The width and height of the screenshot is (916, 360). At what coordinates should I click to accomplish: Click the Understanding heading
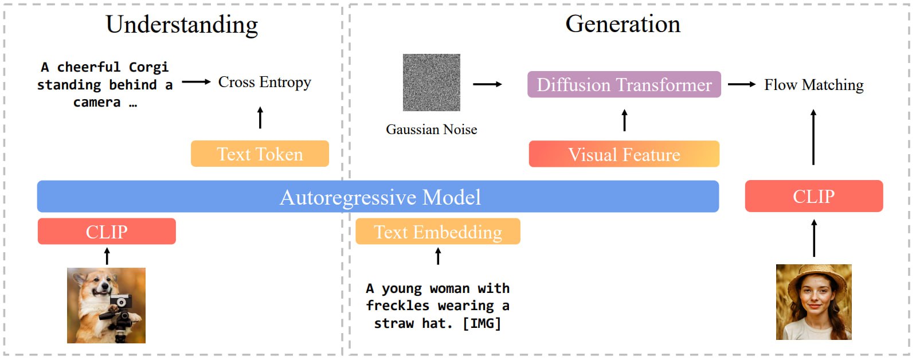182,25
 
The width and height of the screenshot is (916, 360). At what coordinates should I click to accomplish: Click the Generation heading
623,24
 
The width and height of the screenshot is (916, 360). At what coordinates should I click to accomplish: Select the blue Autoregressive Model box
378,197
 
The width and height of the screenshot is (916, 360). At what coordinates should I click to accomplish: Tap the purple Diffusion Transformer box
624,85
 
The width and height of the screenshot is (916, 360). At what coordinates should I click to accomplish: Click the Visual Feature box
624,154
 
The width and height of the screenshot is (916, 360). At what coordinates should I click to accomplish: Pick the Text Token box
260,154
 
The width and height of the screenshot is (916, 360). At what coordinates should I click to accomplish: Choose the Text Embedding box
438,232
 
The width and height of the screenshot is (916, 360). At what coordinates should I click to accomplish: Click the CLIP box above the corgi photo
107,232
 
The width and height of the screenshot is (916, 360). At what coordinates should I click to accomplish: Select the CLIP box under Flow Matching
813,196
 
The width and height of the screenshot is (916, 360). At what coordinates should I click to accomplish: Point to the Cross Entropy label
264,82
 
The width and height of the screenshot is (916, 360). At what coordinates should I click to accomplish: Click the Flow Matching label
813,85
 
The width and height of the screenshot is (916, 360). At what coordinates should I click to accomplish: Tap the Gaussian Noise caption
431,130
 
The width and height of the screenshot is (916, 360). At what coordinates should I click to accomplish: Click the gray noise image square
431,83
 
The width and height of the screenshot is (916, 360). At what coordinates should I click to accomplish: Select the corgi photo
106,305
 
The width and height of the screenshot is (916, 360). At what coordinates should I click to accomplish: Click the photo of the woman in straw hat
813,302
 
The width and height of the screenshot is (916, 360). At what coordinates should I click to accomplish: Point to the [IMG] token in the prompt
482,323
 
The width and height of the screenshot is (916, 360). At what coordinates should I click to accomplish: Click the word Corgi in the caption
148,67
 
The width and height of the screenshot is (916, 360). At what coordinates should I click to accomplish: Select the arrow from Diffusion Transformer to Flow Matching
742,84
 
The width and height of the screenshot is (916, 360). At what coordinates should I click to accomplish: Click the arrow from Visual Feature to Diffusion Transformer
624,120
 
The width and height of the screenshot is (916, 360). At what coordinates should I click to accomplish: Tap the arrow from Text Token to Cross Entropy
260,118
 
